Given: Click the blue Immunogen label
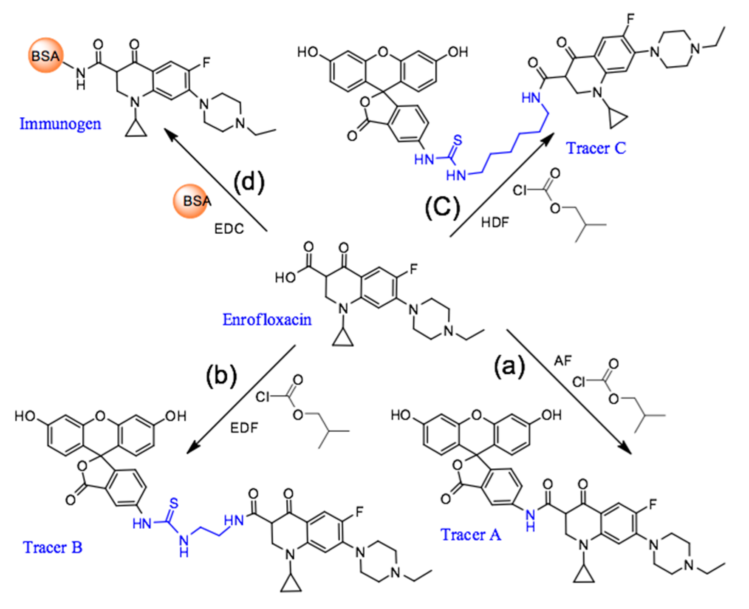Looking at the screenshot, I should click(x=61, y=124).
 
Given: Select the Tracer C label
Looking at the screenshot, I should click(x=596, y=148).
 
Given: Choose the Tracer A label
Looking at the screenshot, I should click(x=471, y=534).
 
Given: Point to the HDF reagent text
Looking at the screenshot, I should click(x=495, y=221).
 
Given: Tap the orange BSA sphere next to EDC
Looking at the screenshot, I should click(x=191, y=201).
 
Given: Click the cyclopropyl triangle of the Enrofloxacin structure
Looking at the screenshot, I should click(x=343, y=339).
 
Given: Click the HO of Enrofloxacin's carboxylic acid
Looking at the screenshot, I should click(x=285, y=278).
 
